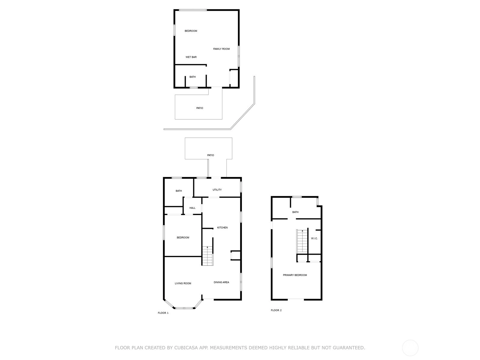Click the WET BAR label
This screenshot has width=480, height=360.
(191, 57)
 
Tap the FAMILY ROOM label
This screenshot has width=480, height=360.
(221, 49)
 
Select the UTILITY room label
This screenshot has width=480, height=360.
(217, 190)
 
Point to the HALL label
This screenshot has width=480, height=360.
(192, 208)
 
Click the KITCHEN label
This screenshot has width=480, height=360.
(222, 227)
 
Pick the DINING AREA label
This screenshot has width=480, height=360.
(221, 282)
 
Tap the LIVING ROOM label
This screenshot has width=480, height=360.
(183, 283)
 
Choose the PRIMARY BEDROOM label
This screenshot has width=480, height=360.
(295, 275)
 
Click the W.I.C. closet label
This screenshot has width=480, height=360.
(314, 238)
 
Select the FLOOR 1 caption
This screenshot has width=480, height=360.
(163, 313)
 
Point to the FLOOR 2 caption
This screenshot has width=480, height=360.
(276, 310)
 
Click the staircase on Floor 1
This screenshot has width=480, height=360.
(207, 256)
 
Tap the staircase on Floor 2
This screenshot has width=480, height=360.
(302, 241)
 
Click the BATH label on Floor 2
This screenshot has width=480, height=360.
(295, 212)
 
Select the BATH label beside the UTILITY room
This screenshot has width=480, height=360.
(179, 191)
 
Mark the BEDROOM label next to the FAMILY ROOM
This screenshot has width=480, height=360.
(191, 31)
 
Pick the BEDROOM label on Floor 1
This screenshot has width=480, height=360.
(183, 238)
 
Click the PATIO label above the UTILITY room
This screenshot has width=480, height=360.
(210, 155)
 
